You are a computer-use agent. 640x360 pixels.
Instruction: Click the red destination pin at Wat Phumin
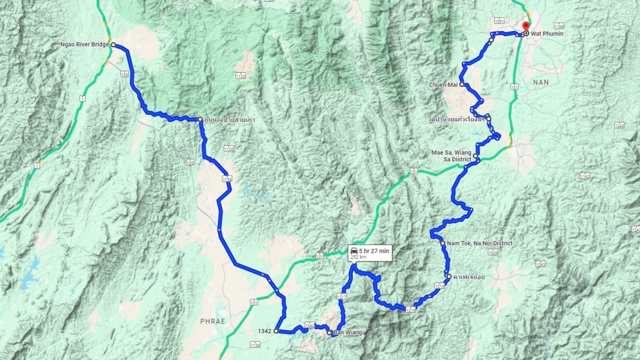526,26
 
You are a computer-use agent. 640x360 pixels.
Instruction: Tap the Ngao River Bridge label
85,45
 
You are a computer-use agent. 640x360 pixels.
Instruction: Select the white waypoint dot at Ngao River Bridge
113,45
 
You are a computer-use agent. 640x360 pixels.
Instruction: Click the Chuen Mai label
442,85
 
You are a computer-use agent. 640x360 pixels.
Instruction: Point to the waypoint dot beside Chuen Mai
462,84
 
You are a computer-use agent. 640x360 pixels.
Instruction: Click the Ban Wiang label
348,333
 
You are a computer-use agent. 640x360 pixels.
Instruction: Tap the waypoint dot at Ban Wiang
329,333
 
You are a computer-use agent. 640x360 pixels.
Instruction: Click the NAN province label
540,82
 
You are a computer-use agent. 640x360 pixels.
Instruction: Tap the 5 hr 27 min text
374,251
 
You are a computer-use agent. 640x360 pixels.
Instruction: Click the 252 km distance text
359,258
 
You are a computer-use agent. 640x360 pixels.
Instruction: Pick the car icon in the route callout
354,251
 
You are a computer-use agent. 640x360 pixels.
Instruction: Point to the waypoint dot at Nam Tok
442,243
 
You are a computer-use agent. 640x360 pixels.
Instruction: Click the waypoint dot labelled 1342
275,331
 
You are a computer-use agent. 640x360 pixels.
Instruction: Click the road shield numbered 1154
227,179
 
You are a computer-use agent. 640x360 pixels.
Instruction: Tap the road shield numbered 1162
584,176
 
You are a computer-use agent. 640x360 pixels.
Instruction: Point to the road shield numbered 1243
620,125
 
